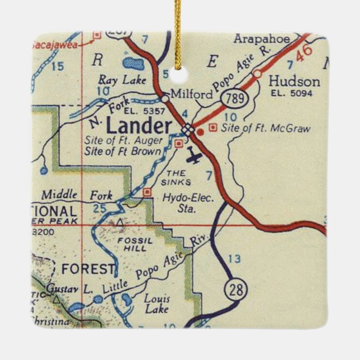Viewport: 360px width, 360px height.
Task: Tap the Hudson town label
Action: (x=294, y=82)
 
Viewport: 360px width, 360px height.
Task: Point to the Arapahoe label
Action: (x=262, y=39)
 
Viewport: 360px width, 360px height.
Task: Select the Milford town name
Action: (x=192, y=94)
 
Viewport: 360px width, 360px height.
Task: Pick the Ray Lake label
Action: (x=122, y=80)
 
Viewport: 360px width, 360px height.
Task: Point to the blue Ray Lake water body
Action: (x=133, y=63)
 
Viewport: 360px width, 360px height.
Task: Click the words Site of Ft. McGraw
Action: (x=266, y=129)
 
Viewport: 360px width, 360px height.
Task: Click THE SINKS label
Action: (x=179, y=178)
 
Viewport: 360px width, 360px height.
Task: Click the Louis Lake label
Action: (x=157, y=303)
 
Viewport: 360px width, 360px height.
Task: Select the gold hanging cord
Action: (x=178, y=28)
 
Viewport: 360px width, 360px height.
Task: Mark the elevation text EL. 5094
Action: (x=291, y=93)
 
